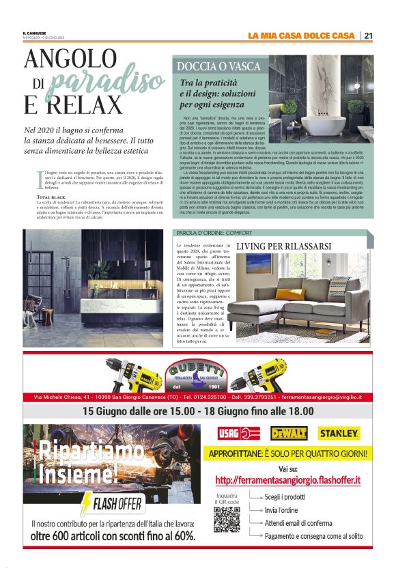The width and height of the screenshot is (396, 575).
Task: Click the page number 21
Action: (368, 36)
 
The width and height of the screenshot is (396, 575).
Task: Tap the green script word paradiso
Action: (108, 82)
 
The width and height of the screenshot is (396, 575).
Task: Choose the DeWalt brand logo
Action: (288, 433)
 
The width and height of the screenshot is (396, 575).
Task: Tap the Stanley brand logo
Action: (339, 433)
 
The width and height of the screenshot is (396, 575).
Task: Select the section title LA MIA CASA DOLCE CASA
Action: (300, 36)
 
